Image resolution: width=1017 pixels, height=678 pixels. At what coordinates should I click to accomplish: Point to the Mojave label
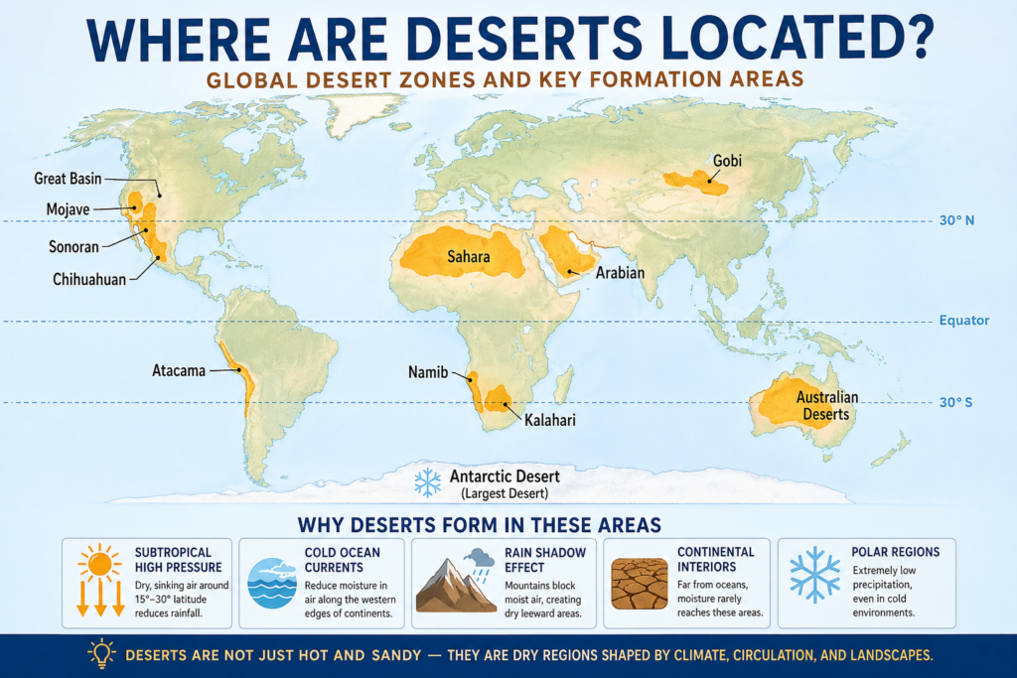point(69,209)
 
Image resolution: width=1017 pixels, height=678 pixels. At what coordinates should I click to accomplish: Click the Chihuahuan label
point(89,279)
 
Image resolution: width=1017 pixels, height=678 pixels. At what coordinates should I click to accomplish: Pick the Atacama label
point(179,371)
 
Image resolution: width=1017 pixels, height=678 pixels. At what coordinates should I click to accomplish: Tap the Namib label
point(429,372)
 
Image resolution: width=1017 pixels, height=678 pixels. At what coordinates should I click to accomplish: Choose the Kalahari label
point(545,420)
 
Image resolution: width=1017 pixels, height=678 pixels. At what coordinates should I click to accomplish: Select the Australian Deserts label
point(827,405)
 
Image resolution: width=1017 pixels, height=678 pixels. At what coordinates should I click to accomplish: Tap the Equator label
point(964,321)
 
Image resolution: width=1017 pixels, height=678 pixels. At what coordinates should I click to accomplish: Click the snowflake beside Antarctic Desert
point(427,482)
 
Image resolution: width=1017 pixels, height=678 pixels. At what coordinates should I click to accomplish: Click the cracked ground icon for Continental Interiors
point(640,583)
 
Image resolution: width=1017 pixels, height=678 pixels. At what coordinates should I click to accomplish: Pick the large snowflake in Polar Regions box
point(811,574)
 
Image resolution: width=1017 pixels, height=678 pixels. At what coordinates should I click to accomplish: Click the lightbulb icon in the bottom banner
point(101,653)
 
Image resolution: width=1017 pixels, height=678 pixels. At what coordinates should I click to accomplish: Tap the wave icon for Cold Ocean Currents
point(271,584)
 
